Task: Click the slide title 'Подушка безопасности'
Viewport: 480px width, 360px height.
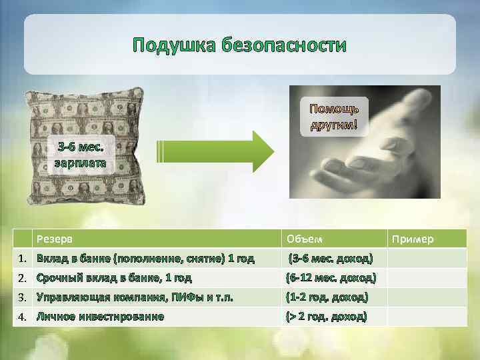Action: (x=239, y=45)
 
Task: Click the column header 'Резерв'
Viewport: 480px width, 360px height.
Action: (x=55, y=239)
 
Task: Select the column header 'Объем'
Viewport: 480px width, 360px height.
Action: (x=304, y=239)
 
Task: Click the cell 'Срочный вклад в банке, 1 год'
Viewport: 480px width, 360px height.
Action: (x=114, y=277)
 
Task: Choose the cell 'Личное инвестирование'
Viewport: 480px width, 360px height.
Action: (x=100, y=316)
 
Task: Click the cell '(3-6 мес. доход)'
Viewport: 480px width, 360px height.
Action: (x=331, y=258)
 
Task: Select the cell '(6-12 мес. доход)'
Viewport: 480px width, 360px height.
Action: (x=331, y=277)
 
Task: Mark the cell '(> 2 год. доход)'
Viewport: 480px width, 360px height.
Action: (x=326, y=316)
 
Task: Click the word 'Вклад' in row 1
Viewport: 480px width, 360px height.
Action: (x=51, y=258)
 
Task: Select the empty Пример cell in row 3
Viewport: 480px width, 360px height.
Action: (x=427, y=297)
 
